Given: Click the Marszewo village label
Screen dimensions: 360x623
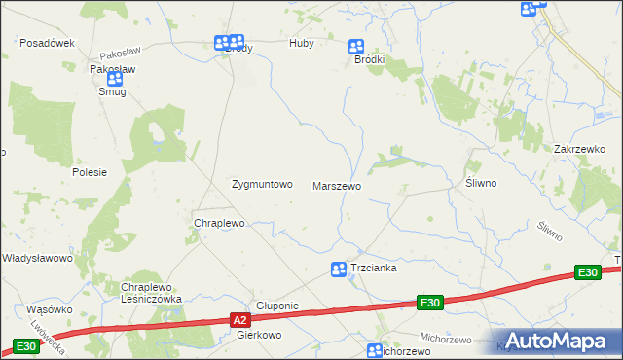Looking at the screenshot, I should pos(337,185).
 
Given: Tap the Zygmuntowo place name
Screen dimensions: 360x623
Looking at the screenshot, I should pos(261,184).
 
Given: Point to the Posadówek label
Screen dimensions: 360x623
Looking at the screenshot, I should pos(48,44).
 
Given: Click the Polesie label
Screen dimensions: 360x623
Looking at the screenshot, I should pos(89,172).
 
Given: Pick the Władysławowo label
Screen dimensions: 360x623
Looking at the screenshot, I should pos(38,259).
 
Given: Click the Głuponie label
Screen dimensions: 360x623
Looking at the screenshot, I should pos(275,306).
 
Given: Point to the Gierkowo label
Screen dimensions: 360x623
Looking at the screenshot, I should pos(259,334).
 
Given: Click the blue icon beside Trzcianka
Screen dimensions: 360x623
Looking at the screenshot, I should pos(338,270).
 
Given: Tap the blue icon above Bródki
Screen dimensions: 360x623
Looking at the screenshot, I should pos(356,46).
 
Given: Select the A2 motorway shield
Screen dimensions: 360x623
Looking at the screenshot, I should pos(241,319).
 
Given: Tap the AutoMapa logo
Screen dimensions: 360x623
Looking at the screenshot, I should pos(555,341).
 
